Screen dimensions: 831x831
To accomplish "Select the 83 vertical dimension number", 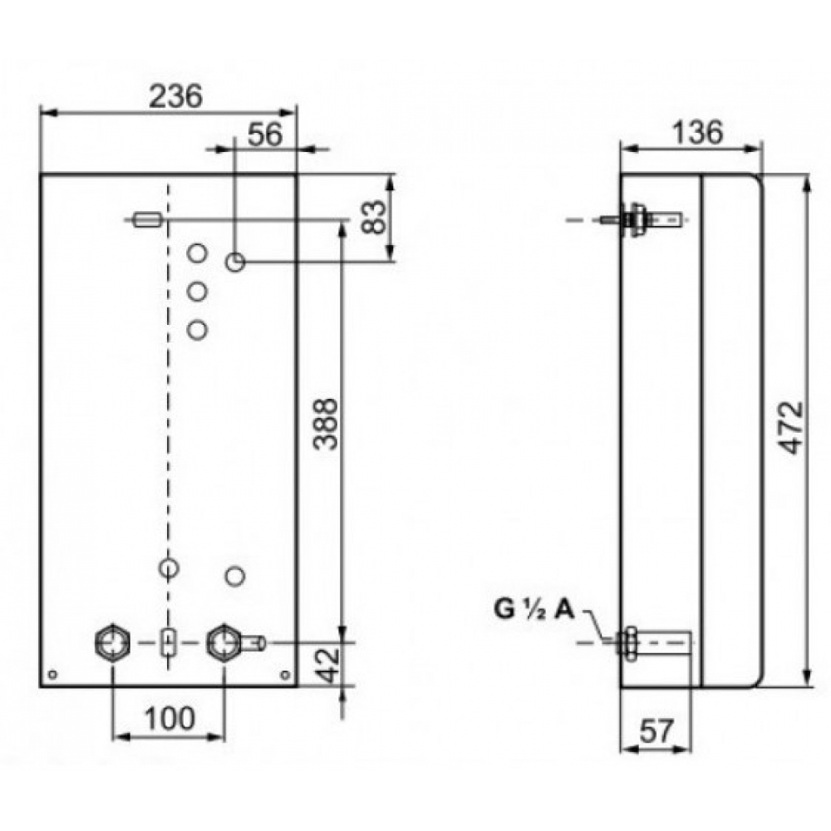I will [x=376, y=217].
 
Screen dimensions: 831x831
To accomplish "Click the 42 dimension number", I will [x=330, y=665].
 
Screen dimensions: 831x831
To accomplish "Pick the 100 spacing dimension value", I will [x=168, y=717].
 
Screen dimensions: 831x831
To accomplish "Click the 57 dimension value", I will [x=656, y=733].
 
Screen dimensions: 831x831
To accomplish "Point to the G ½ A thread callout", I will [x=534, y=610].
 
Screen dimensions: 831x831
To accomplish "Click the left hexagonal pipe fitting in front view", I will [x=113, y=642].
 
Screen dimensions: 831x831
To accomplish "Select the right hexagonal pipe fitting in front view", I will [x=224, y=642].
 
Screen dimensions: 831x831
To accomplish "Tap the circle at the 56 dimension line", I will [x=235, y=263].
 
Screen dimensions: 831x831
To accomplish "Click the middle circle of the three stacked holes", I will [x=197, y=292].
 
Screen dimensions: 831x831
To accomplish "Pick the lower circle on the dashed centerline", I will [x=169, y=569].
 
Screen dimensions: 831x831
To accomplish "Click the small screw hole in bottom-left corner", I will [x=52, y=675].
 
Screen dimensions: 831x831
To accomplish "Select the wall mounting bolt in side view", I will [x=640, y=220].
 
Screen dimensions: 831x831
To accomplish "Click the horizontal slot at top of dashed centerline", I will [x=147, y=219].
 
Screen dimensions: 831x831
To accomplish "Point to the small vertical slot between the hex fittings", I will [x=169, y=642].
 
